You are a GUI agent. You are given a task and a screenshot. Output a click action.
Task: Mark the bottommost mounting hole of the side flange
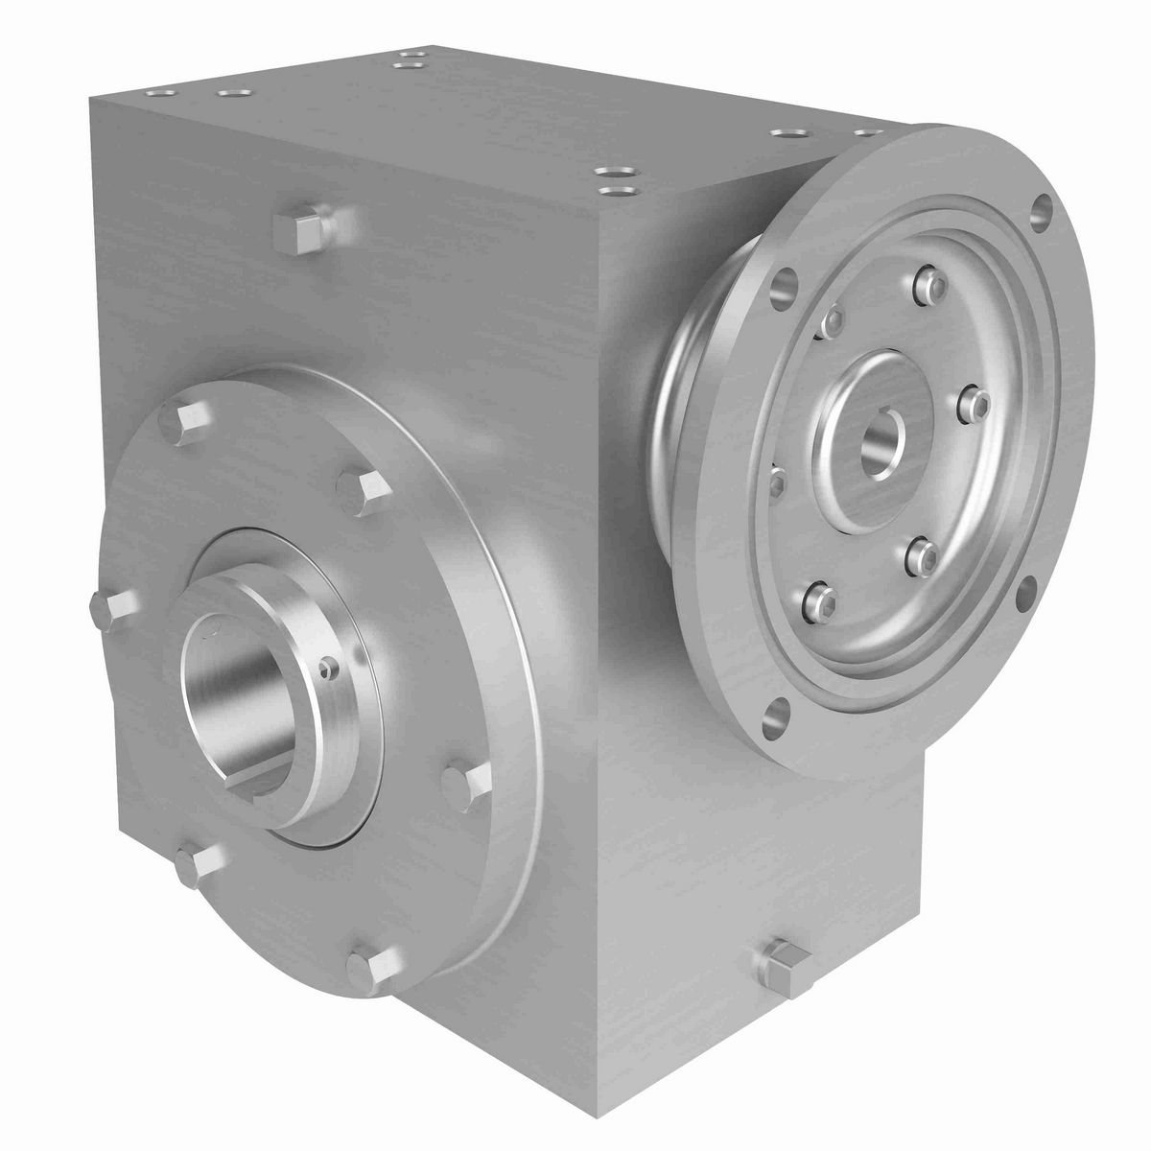[780, 713]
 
